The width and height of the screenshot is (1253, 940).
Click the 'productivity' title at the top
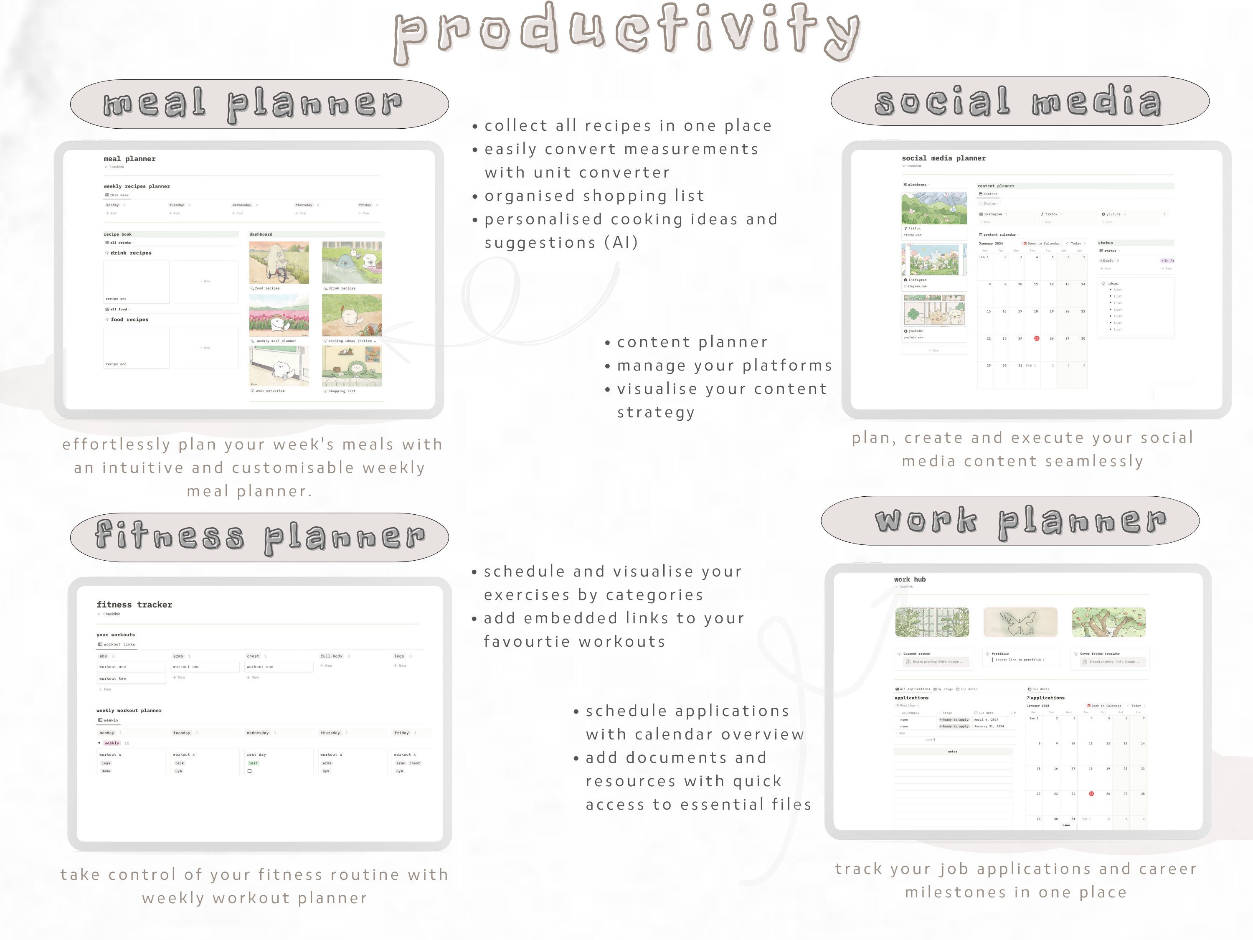pos(626,33)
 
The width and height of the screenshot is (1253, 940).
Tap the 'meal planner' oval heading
pos(259,104)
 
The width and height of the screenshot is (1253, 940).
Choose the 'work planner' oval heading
pos(1010,521)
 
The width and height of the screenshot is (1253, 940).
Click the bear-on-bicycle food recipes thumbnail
pos(279,262)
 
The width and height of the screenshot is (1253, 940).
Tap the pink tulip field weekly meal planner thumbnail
pos(279,315)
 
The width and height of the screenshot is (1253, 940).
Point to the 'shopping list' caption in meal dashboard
pos(342,391)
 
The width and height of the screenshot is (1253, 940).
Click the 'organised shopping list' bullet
pos(594,196)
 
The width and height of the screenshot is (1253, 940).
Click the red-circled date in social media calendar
pos(1036,338)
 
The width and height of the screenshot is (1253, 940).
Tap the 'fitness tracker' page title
pos(134,605)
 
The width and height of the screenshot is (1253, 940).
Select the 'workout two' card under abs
pos(131,678)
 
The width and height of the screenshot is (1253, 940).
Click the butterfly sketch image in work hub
pos(1020,622)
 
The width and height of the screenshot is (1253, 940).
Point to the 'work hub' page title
pos(909,579)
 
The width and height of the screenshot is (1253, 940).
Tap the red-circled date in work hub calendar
pos(1091,794)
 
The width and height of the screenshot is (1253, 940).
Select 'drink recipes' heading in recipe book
pos(131,253)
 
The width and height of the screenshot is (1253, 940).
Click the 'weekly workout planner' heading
pos(129,710)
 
